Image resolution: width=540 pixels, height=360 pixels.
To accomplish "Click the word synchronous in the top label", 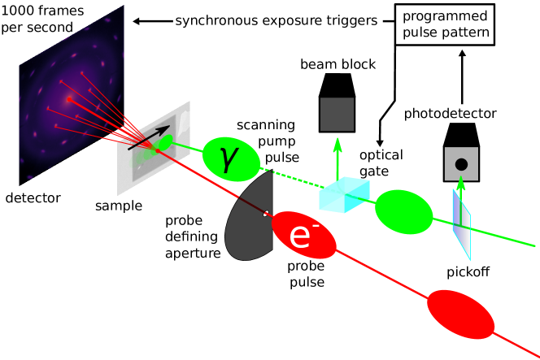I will coord(212,21).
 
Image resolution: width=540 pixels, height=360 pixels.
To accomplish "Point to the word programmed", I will coord(445,16).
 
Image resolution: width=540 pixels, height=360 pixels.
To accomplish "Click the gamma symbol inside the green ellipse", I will coord(229,159).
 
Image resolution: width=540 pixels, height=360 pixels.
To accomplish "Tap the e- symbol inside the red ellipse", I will coord(300,236).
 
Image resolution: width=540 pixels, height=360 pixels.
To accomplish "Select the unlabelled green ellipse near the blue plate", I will coord(403,211).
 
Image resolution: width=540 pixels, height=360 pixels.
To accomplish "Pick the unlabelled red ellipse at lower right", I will coord(460,314).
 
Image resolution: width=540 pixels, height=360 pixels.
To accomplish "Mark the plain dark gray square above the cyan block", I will coord(337,114).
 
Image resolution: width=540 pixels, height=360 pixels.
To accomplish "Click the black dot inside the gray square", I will coord(461,165).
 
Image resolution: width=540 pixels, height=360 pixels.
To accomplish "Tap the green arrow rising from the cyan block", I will coord(337,158).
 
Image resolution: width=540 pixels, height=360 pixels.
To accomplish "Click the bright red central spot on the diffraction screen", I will coord(69,98).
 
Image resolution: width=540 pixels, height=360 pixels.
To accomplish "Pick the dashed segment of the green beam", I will coord(289,177).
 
